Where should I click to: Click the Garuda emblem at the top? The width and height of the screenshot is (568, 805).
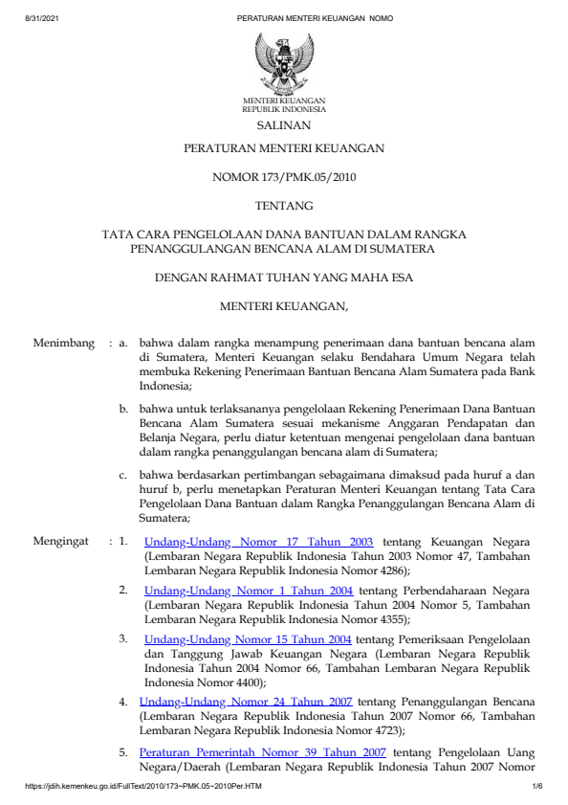click(x=283, y=61)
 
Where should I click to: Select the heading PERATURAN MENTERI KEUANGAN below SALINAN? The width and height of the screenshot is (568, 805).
click(x=283, y=149)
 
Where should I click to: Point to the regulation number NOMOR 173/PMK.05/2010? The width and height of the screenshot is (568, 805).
click(x=283, y=176)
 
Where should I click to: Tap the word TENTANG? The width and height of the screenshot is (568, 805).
click(x=283, y=204)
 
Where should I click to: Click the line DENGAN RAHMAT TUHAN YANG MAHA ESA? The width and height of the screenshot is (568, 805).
click(x=283, y=279)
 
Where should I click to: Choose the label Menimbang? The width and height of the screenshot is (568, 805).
click(x=65, y=342)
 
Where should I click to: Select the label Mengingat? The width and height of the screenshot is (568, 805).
click(x=65, y=541)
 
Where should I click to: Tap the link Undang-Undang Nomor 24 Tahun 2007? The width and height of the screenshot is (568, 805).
click(x=246, y=702)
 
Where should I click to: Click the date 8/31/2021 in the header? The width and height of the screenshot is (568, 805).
click(x=41, y=18)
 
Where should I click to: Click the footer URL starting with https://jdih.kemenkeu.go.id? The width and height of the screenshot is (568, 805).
click(x=142, y=786)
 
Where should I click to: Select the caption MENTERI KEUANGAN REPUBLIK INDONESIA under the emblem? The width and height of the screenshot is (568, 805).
click(x=283, y=104)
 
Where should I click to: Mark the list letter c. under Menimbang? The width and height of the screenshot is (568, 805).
click(x=124, y=474)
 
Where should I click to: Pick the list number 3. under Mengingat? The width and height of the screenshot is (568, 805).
click(x=124, y=639)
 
